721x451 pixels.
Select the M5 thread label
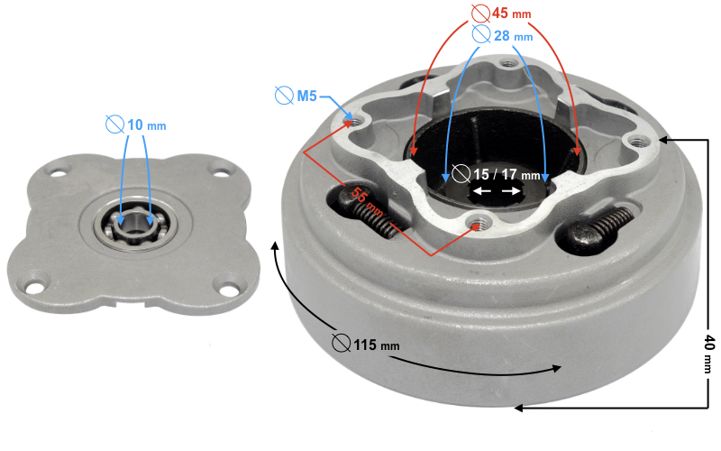click(306, 95)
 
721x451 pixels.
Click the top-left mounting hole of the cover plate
click(60, 170)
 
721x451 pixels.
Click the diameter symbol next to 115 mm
click(341, 344)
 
